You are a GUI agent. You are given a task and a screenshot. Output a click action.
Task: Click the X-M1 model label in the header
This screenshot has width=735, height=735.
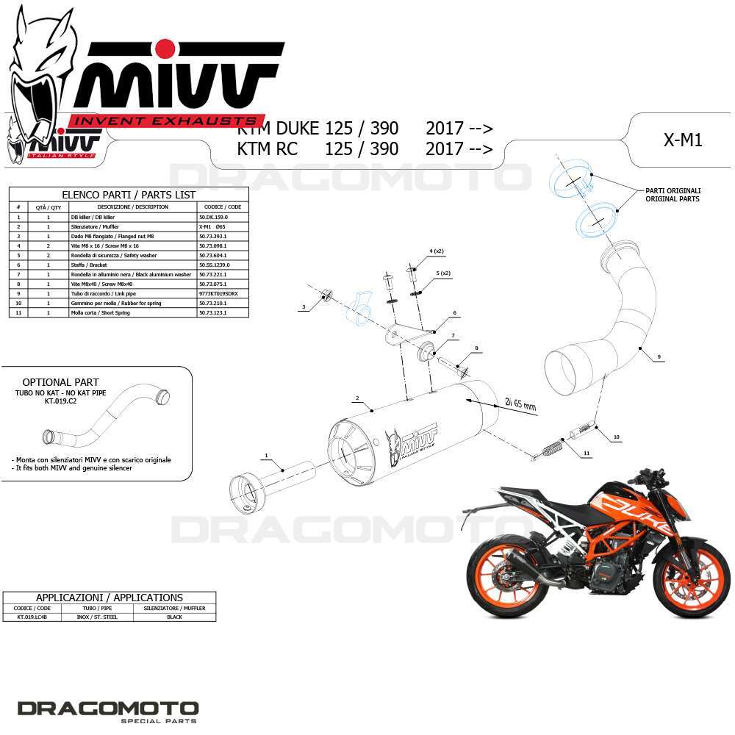pyautogui.click(x=682, y=140)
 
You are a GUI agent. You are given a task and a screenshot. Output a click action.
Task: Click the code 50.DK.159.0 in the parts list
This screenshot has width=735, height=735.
pyautogui.click(x=214, y=218)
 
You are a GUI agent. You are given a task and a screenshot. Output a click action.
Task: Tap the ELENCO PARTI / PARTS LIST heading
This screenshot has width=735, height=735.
pyautogui.click(x=129, y=195)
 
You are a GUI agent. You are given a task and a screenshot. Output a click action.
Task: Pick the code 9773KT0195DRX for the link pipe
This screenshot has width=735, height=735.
pyautogui.click(x=218, y=293)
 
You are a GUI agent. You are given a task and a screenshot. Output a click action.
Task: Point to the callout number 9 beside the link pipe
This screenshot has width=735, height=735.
pyautogui.click(x=659, y=357)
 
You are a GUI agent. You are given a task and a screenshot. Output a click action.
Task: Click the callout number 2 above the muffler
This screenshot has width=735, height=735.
pyautogui.click(x=356, y=398)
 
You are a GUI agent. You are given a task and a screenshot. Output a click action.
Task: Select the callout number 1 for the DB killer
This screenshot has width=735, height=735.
pyautogui.click(x=266, y=456)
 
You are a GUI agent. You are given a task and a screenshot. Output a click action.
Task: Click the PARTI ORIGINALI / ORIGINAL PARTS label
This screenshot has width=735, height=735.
pyautogui.click(x=672, y=195)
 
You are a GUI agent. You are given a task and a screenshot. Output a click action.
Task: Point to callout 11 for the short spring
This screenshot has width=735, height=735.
pyautogui.click(x=587, y=454)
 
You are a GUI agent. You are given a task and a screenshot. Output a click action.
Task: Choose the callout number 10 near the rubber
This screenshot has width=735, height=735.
pyautogui.click(x=616, y=437)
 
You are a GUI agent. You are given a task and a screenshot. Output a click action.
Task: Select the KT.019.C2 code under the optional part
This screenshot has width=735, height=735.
pyautogui.click(x=60, y=402)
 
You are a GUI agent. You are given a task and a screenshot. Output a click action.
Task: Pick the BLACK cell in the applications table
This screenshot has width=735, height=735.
pyautogui.click(x=174, y=617)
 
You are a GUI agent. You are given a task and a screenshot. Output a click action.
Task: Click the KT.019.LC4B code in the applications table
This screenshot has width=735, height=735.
pyautogui.click(x=34, y=617)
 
